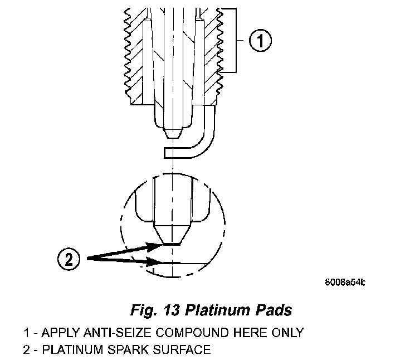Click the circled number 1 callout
pos(260,41)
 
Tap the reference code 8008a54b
pos(346,283)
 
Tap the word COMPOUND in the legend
pos(188,333)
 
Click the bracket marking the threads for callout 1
pos(237,41)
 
